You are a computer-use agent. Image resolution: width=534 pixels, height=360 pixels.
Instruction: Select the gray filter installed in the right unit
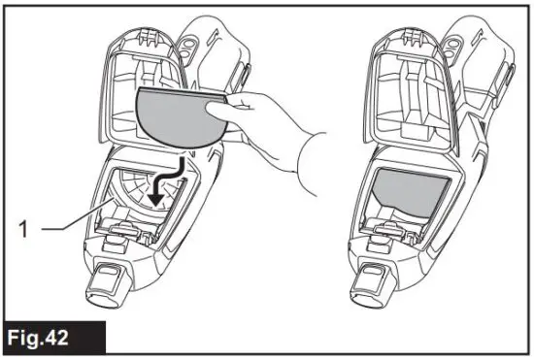pos(408,190)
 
